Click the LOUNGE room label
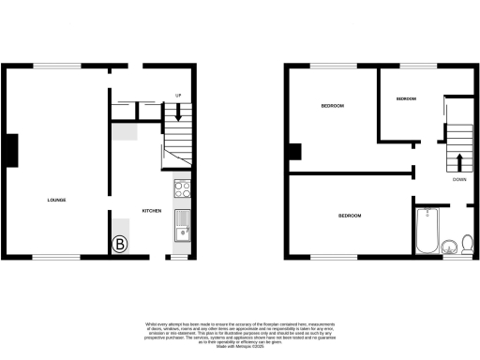pos(56,201)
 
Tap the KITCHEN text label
pos(153,210)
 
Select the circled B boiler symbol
pos(120,247)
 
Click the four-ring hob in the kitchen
pos(182,190)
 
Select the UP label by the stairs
pos(178,96)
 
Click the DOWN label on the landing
pos(459,179)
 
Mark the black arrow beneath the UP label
pos(178,112)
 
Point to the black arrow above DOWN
pos(459,161)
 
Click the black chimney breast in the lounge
pos(12,150)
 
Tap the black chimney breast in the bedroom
pos(294,151)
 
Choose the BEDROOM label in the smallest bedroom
pos(406,98)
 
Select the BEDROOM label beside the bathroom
pos(350,217)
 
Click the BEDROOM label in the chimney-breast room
pos(332,106)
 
